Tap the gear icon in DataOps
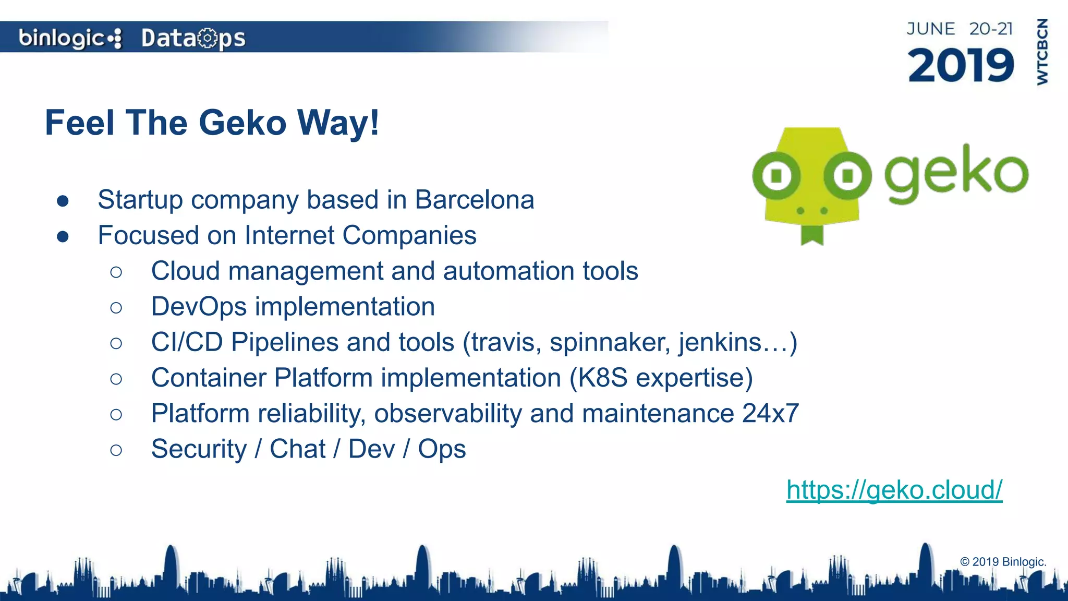(208, 38)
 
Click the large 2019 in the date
(961, 66)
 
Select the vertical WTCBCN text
(1042, 52)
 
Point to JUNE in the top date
(931, 29)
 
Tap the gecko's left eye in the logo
(776, 176)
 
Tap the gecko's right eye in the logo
(847, 176)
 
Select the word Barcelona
(475, 200)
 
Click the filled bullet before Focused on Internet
(63, 236)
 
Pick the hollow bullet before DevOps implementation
(116, 307)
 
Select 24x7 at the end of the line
(770, 414)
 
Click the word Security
(199, 449)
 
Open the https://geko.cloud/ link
(894, 490)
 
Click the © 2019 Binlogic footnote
(1003, 562)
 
